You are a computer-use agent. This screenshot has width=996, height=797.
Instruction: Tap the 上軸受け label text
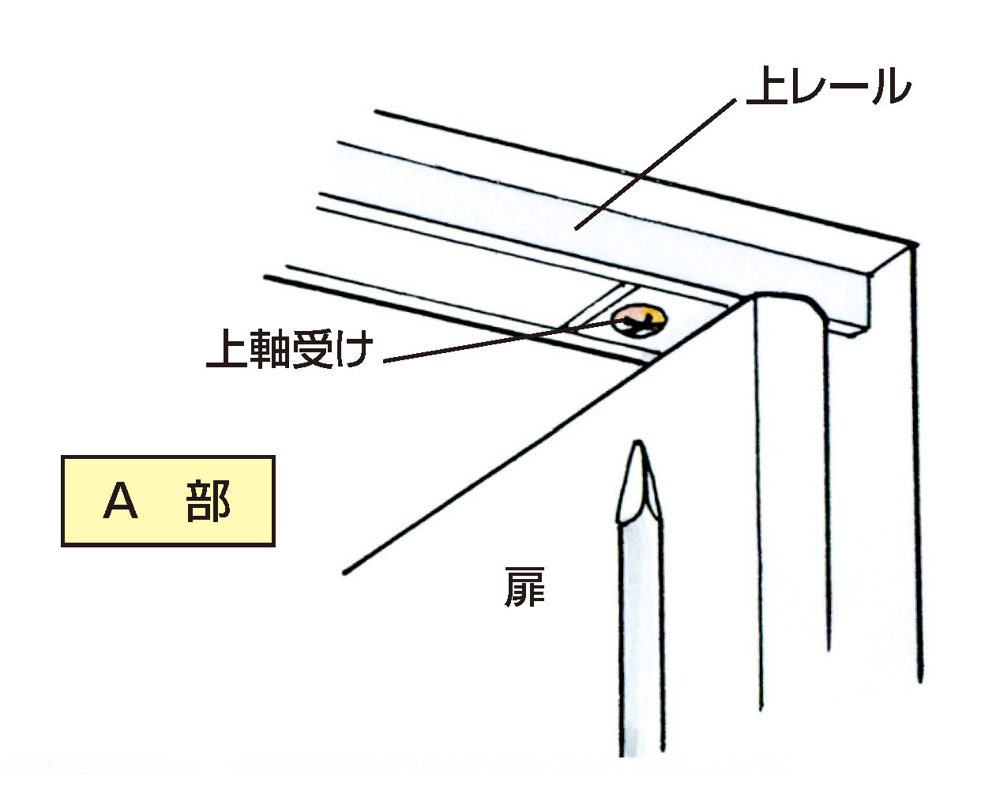[x=288, y=348]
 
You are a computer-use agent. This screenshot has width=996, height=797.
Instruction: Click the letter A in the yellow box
[x=120, y=501]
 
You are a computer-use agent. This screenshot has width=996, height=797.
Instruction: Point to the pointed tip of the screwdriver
[x=637, y=449]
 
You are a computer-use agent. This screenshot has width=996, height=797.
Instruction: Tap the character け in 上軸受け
[x=353, y=348]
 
